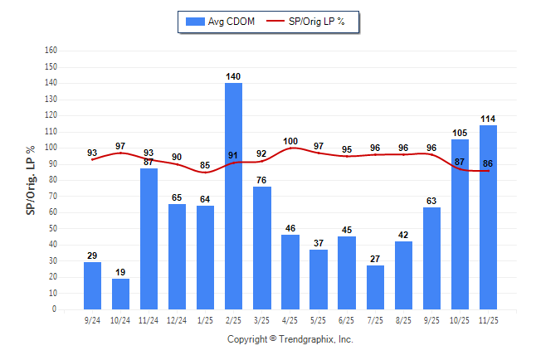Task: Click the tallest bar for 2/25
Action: coord(234,196)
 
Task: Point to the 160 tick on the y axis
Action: coord(51,51)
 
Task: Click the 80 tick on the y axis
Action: coord(52,180)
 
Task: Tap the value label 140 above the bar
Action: coord(234,76)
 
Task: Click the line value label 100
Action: coord(290,141)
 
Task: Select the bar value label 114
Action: coord(488,119)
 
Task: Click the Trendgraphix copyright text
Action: coord(290,339)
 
